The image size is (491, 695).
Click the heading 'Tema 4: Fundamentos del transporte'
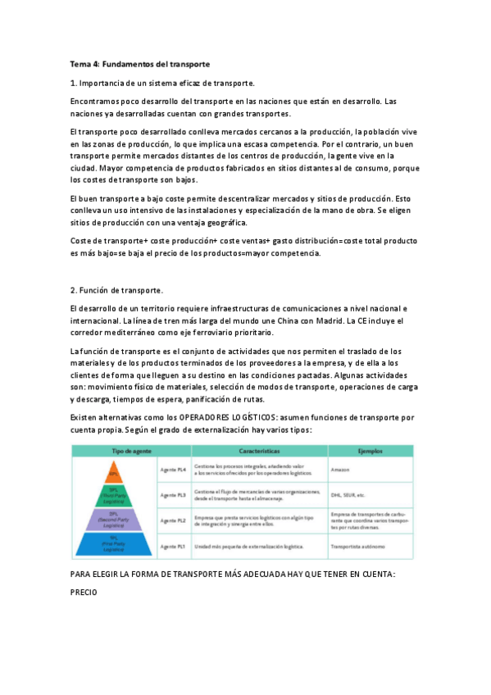pyautogui.click(x=140, y=63)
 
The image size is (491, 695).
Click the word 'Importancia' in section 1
pyautogui.click(x=107, y=83)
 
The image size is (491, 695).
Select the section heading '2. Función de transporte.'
pyautogui.click(x=117, y=290)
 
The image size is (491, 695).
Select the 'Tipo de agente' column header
pyautogui.click(x=114, y=451)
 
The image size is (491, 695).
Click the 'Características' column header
pyautogui.click(x=260, y=451)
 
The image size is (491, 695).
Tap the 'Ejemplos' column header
pyautogui.click(x=370, y=451)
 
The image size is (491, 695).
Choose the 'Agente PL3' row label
pyautogui.click(x=173, y=495)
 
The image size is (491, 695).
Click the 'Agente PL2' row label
pyautogui.click(x=173, y=520)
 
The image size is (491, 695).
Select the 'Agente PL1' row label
pyautogui.click(x=173, y=546)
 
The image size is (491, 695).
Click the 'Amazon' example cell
pyautogui.click(x=341, y=470)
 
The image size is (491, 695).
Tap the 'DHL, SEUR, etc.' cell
pyautogui.click(x=348, y=495)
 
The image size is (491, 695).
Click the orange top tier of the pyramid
pyautogui.click(x=114, y=474)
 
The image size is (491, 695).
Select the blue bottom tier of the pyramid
pyautogui.click(x=114, y=544)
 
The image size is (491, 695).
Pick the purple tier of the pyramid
pyautogui.click(x=114, y=520)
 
